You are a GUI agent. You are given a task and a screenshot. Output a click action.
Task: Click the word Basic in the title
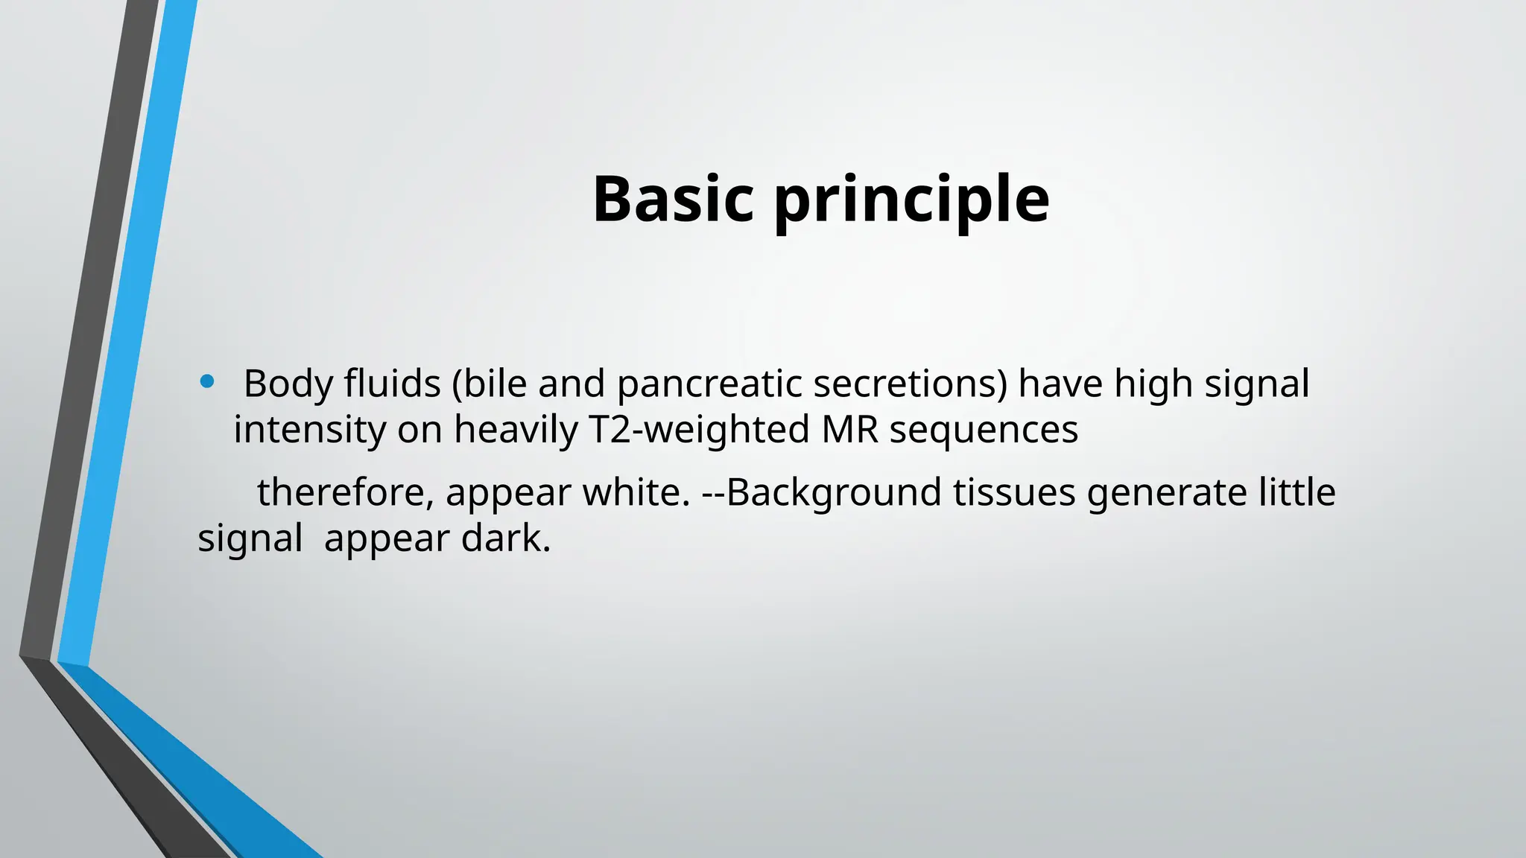[673, 199]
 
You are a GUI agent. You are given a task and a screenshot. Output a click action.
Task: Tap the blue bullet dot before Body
[207, 383]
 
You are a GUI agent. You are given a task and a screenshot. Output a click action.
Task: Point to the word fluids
[392, 384]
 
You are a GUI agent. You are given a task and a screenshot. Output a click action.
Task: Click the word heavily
[516, 430]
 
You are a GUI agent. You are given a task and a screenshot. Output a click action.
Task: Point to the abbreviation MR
[849, 430]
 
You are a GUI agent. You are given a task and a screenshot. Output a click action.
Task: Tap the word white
[636, 492]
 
